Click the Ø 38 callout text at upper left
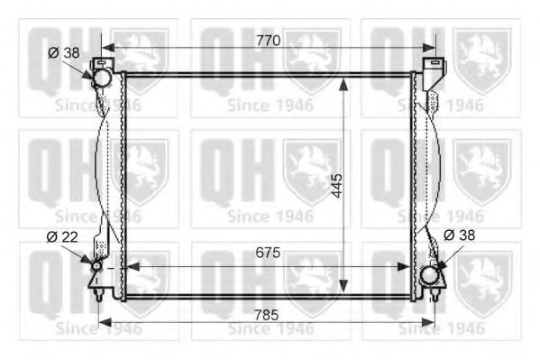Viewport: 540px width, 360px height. [x=64, y=53]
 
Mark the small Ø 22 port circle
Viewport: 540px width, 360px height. [x=96, y=266]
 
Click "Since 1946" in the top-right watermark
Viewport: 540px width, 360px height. [x=440, y=105]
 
